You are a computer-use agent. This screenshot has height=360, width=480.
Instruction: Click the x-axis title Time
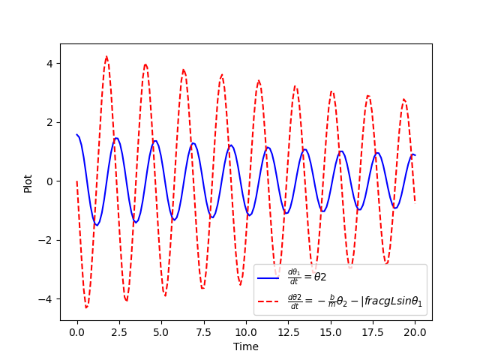pos(245,346)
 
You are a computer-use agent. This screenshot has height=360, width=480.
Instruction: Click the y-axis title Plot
pos(28,182)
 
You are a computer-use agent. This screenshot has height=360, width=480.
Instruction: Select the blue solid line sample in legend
pos(268,277)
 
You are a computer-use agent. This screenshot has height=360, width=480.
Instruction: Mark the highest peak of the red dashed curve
pos(106,56)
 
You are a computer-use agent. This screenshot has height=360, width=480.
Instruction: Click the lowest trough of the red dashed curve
pos(86,307)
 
